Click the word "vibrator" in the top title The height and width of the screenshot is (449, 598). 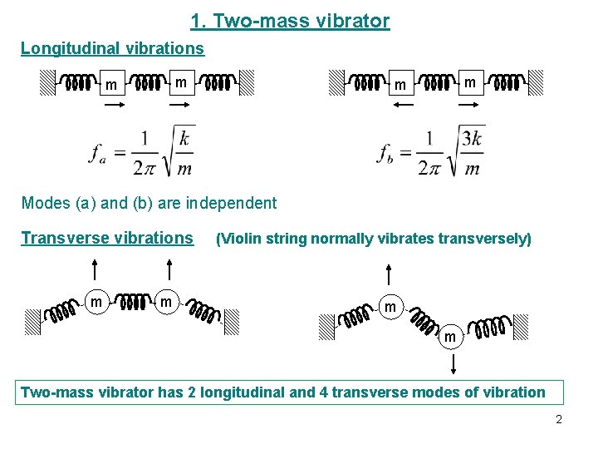click(x=352, y=21)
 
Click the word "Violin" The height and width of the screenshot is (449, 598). click(x=240, y=239)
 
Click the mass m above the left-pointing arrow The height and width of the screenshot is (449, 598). click(x=400, y=85)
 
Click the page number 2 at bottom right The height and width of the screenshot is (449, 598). click(x=559, y=420)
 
